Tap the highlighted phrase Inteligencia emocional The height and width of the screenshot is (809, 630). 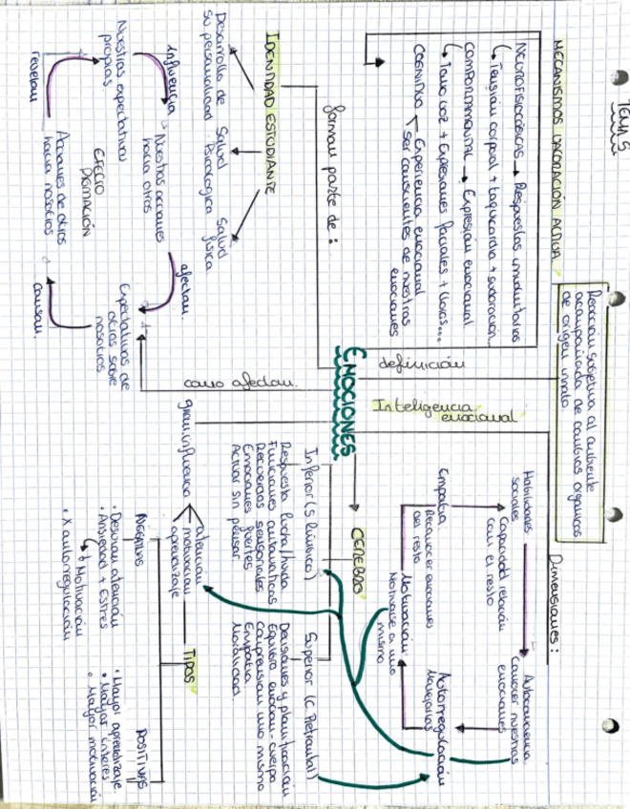(388, 411)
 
